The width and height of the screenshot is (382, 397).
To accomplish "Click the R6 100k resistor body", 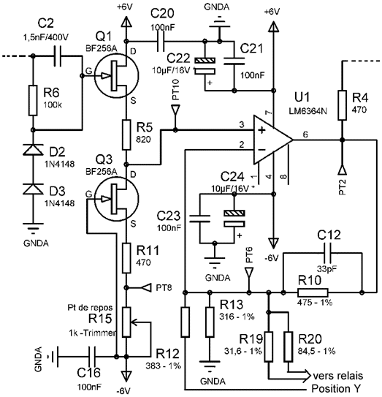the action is tap(33, 100).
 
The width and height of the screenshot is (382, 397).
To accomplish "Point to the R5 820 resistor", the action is tap(126, 135).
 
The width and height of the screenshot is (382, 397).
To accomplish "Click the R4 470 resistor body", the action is tap(342, 105).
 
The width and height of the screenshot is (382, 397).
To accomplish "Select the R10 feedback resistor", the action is tap(313, 292).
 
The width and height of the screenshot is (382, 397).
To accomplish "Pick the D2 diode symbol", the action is tap(33, 149).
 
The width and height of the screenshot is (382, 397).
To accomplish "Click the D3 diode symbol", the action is tap(33, 189).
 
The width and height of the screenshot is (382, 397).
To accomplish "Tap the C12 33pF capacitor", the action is tap(328, 253).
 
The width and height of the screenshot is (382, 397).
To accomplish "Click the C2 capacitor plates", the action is tap(58, 56).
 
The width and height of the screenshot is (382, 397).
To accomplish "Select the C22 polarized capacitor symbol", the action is tap(205, 66).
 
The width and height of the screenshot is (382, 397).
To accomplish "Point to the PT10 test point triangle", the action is tap(175, 110).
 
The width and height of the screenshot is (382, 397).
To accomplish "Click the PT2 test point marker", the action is tap(342, 170).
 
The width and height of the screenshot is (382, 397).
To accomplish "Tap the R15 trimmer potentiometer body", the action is tap(126, 322).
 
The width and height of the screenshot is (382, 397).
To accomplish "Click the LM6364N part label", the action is tap(307, 110).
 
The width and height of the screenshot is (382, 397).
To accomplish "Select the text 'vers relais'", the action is tap(337, 376).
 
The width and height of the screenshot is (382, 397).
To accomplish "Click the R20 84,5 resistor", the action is tap(289, 346).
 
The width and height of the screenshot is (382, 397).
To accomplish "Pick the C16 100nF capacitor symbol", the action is tap(91, 357).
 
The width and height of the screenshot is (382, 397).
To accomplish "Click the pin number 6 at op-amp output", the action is tap(305, 135).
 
